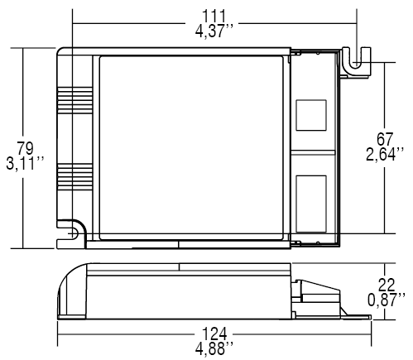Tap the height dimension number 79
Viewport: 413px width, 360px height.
[x=26, y=148]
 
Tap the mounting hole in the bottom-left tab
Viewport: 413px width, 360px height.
[x=70, y=233]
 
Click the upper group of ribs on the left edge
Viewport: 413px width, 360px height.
[x=65, y=103]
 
